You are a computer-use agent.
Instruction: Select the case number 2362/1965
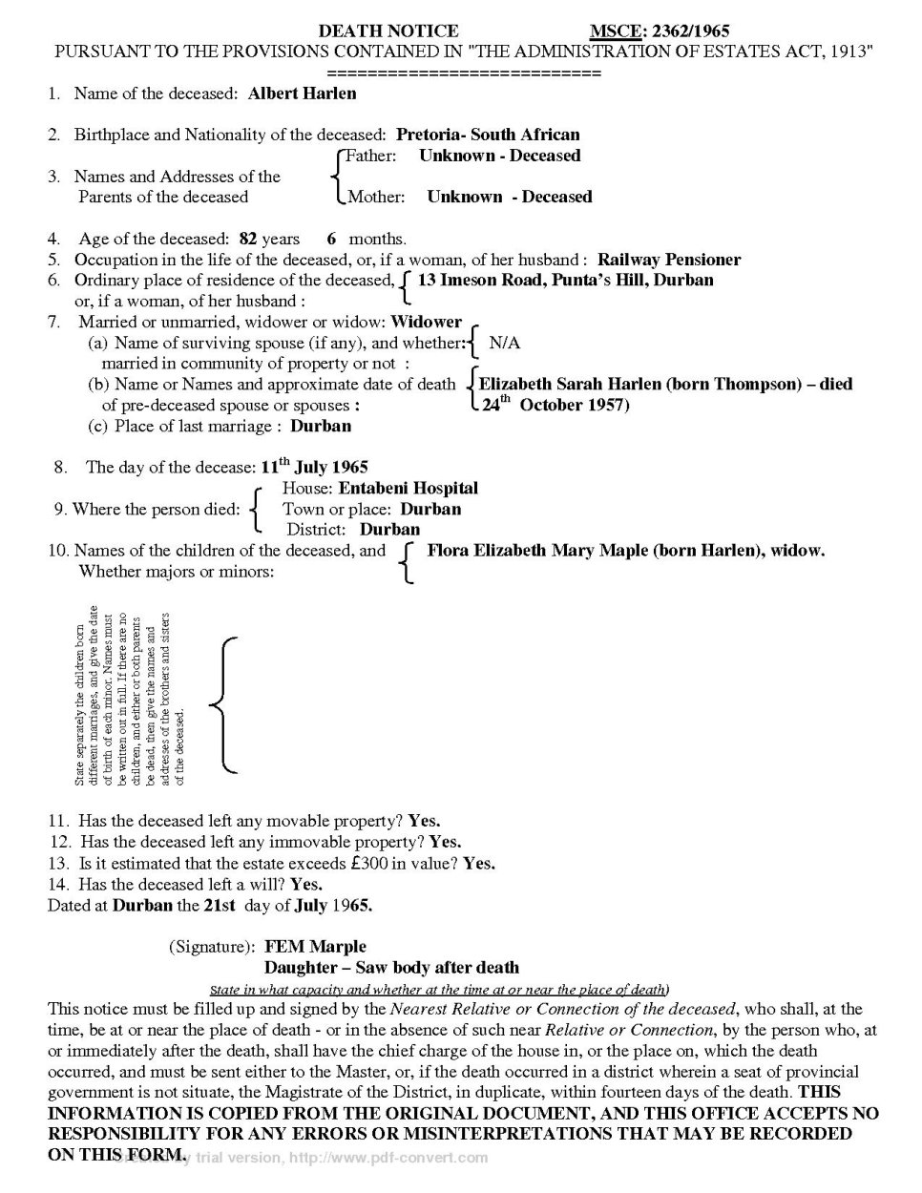coord(690,31)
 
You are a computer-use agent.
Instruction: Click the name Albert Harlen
coord(302,94)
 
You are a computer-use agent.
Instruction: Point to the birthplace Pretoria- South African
coord(488,135)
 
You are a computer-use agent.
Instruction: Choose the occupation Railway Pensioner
coord(668,260)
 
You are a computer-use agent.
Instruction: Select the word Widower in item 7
coord(426,322)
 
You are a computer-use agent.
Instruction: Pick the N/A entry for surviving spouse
coord(504,343)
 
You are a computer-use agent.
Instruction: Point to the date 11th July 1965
coord(314,467)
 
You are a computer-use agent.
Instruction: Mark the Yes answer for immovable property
coord(445,842)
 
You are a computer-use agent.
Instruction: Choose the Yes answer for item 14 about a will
coord(306,884)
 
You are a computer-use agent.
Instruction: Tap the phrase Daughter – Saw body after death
coord(391,968)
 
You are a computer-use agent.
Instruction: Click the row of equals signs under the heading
coord(464,73)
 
